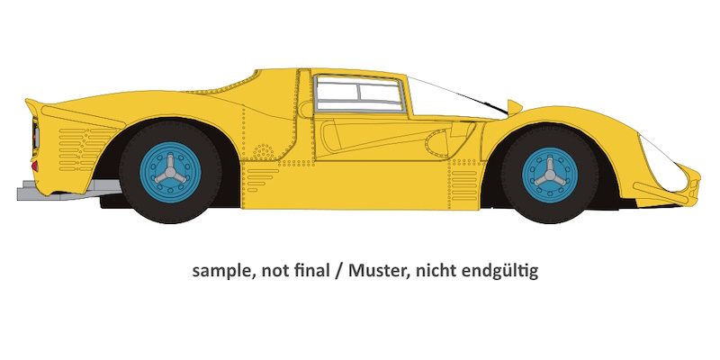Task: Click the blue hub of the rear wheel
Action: point(170,172)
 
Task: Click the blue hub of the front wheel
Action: point(550,175)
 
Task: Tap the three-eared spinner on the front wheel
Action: point(550,175)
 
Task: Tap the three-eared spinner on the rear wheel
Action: point(170,173)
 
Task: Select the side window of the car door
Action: point(358,94)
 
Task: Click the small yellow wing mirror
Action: point(514,107)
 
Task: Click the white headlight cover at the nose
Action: point(662,164)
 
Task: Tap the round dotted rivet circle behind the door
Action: point(263,151)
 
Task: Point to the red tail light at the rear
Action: point(35,166)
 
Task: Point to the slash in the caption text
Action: point(339,271)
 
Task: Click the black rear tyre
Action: point(170,172)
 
